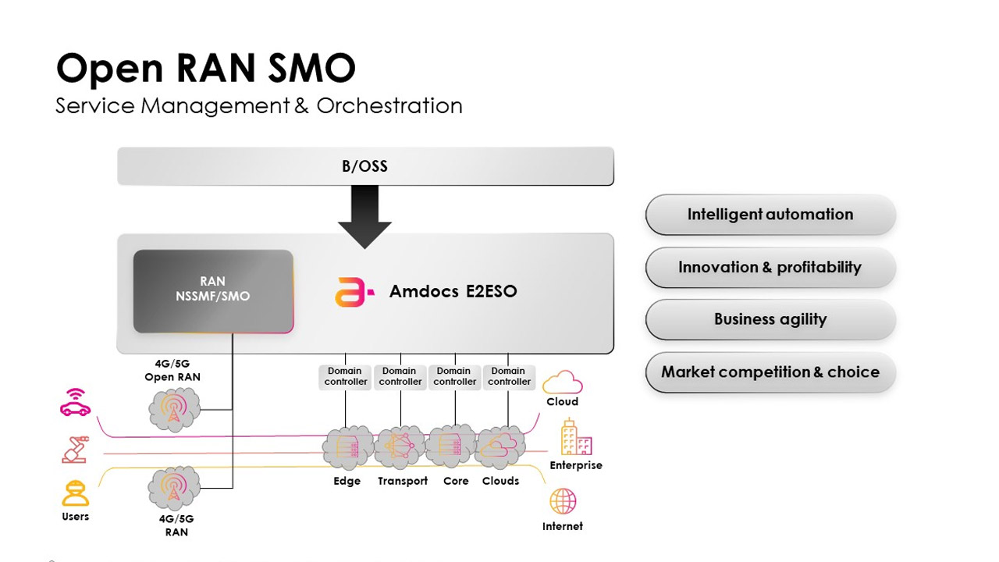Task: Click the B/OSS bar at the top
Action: pyautogui.click(x=364, y=166)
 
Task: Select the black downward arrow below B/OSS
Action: pyautogui.click(x=364, y=217)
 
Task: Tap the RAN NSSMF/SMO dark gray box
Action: pyautogui.click(x=213, y=290)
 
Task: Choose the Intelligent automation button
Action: pyautogui.click(x=770, y=215)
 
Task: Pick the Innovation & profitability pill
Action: pyautogui.click(x=770, y=268)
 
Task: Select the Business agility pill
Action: pyautogui.click(x=770, y=319)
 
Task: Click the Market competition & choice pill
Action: pyautogui.click(x=770, y=372)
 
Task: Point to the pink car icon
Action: pyautogui.click(x=76, y=403)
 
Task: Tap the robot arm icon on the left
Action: pyautogui.click(x=76, y=449)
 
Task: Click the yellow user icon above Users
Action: pyautogui.click(x=76, y=493)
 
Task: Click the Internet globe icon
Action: pyautogui.click(x=563, y=501)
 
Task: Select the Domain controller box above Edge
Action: pyautogui.click(x=346, y=377)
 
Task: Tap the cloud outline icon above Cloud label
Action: pyautogui.click(x=562, y=382)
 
